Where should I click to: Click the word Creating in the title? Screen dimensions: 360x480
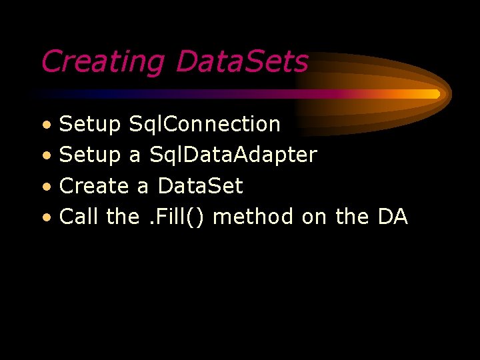click(x=102, y=62)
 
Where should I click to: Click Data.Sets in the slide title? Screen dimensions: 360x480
click(x=242, y=62)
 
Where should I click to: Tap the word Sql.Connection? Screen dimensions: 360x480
click(x=205, y=124)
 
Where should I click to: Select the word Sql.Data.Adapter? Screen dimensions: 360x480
click(x=233, y=155)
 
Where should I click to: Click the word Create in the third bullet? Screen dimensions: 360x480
click(x=94, y=186)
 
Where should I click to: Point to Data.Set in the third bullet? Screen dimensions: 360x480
click(x=200, y=186)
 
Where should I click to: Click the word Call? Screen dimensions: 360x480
click(x=79, y=217)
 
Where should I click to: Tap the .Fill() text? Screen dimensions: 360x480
click(x=176, y=217)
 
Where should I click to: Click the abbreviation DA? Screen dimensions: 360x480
click(x=393, y=217)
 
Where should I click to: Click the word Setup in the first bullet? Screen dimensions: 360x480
click(x=90, y=125)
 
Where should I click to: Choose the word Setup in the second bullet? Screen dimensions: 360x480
click(x=90, y=155)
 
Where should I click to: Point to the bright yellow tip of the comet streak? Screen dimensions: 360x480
click(x=433, y=94)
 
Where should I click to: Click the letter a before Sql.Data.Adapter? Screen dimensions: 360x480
click(x=135, y=157)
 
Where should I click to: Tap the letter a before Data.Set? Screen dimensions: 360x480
click(x=143, y=187)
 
